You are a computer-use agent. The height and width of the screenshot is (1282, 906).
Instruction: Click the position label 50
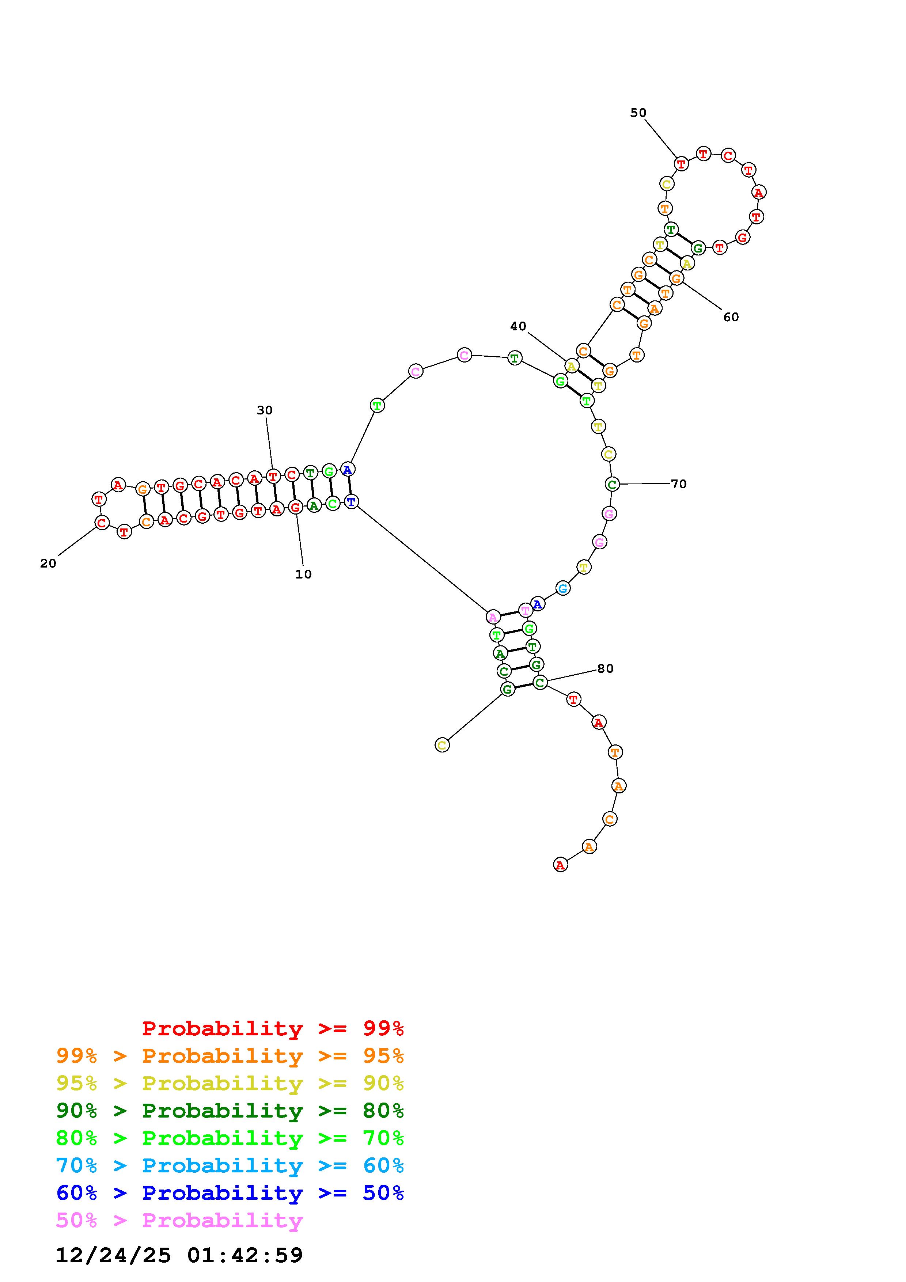[x=638, y=113]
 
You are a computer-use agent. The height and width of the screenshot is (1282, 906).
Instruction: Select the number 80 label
[x=605, y=668]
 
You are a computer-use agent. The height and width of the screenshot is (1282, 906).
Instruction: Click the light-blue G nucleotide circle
[x=563, y=588]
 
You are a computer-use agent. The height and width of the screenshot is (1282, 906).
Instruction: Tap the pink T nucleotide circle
[x=525, y=610]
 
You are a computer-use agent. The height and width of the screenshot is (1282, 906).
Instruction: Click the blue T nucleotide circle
[x=350, y=501]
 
